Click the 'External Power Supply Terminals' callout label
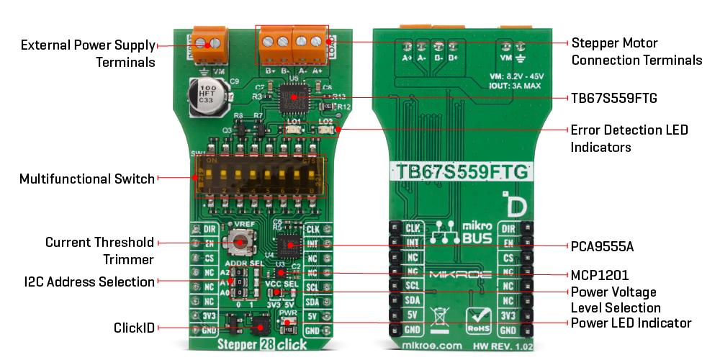point(88,53)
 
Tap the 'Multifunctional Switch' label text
point(87,179)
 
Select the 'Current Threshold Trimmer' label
point(99,250)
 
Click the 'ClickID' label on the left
point(134,328)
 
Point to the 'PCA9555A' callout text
point(602,246)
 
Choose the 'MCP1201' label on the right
point(600,274)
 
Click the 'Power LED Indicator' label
point(631,323)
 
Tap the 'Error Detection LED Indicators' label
point(629,138)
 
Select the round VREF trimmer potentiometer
point(236,243)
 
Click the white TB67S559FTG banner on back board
point(462,172)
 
